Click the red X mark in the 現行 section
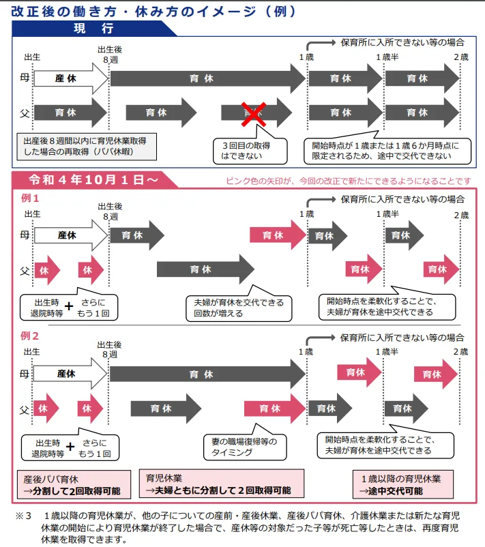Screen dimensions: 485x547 point(254,114)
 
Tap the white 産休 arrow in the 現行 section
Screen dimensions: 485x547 point(71,78)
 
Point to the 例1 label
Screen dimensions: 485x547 point(30,198)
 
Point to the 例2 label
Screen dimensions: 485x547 point(29,336)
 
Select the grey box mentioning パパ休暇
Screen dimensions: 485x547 point(87,147)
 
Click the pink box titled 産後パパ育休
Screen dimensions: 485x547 point(74,484)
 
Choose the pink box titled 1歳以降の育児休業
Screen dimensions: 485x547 point(403,484)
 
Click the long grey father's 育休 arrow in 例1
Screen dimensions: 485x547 point(205,269)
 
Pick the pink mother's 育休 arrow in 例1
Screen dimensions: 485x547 point(278,235)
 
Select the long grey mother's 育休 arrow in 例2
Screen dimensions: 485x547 point(208,374)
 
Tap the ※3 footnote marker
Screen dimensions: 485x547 point(23,516)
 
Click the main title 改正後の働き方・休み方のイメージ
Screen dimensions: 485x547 point(153,12)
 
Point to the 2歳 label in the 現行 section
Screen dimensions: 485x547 point(461,57)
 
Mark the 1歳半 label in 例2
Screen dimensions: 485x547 point(387,352)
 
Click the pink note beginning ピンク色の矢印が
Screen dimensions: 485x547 point(348,181)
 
